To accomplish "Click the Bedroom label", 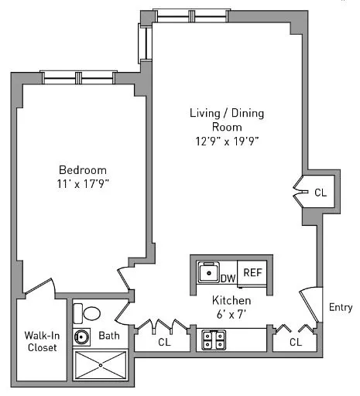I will pyautogui.click(x=82, y=170).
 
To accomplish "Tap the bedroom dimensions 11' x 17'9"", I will pyautogui.click(x=82, y=184).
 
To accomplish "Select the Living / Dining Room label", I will pyautogui.click(x=227, y=120).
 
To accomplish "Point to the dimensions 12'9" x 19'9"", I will pyautogui.click(x=227, y=141).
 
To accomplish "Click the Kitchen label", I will pyautogui.click(x=231, y=300).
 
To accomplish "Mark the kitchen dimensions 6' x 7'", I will pyautogui.click(x=231, y=313).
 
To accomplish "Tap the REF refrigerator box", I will pyautogui.click(x=252, y=273).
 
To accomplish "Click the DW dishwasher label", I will pyautogui.click(x=228, y=278).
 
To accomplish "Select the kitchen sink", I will pyautogui.click(x=208, y=273).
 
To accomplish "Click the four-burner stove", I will pyautogui.click(x=213, y=337).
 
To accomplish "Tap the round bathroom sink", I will pyautogui.click(x=82, y=337).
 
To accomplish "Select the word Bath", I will pyautogui.click(x=108, y=336).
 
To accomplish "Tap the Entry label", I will pyautogui.click(x=341, y=307).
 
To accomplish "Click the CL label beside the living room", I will pyautogui.click(x=320, y=193).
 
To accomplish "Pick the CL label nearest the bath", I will pyautogui.click(x=163, y=341).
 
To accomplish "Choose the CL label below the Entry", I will pyautogui.click(x=296, y=341).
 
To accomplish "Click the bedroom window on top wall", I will pyautogui.click(x=77, y=77).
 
